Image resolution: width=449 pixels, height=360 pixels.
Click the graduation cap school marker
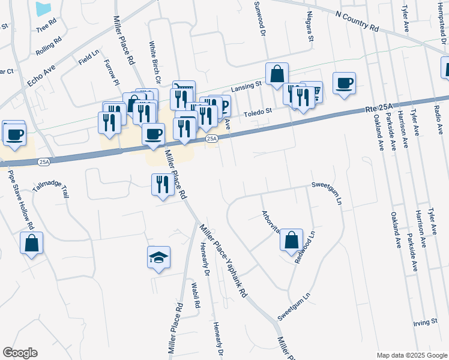pyautogui.click(x=158, y=257)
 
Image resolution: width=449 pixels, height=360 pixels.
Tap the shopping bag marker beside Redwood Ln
pyautogui.click(x=291, y=239)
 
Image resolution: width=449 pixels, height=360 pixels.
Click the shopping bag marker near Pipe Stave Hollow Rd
pyautogui.click(x=32, y=243)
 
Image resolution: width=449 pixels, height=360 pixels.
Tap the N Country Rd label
pyautogui.click(x=358, y=21)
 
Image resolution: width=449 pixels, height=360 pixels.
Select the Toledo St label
pyautogui.click(x=258, y=111)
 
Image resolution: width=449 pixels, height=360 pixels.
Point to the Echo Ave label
pyautogui.click(x=41, y=79)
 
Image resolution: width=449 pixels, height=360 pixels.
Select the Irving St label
pyautogui.click(x=426, y=322)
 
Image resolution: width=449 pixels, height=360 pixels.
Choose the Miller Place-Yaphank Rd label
pyautogui.click(x=224, y=260)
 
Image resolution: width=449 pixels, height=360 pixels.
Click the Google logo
pyautogui.click(x=20, y=353)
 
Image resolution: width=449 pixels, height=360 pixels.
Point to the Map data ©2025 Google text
pyautogui.click(x=412, y=355)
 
